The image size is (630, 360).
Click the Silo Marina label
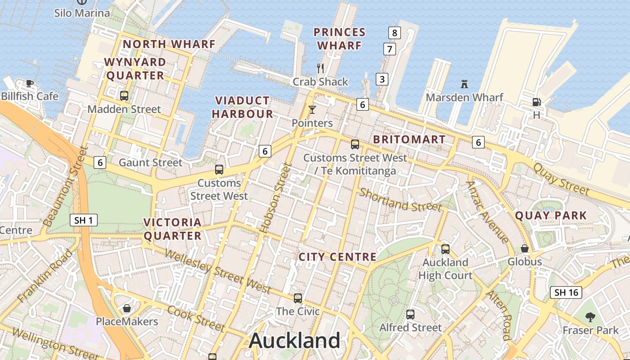82,13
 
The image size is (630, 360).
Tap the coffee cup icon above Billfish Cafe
30,83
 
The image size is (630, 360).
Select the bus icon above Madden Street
124,95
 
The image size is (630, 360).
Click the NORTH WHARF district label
169,44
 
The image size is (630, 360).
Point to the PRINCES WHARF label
339,39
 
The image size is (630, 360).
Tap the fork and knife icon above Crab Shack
320,68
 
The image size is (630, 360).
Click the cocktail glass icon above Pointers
312,109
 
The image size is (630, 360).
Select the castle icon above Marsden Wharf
464,84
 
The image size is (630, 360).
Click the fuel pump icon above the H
536,102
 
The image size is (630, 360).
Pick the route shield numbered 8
395,32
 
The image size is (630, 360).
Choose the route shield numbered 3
382,80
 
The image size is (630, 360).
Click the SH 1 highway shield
84,220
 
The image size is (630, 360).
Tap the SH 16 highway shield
566,292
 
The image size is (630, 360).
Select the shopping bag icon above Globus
525,248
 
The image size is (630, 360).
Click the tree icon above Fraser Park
590,317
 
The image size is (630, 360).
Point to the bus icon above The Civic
298,298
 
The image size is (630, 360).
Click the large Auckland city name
295,341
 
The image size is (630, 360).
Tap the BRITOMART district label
409,139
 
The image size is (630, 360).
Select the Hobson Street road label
275,198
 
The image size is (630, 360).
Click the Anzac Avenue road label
487,211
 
